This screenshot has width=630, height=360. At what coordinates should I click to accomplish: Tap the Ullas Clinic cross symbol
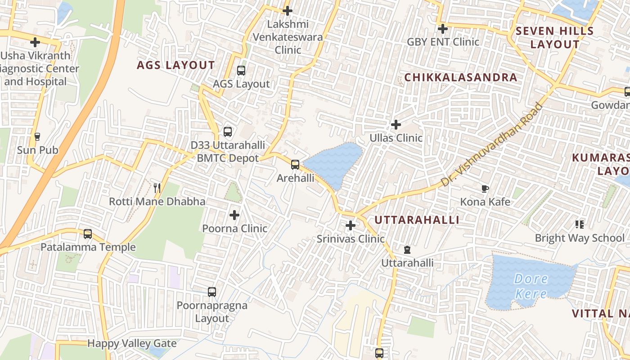click(396, 124)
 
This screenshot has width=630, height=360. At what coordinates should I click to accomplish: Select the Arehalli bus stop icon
click(295, 165)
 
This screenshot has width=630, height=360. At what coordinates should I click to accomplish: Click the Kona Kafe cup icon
click(485, 189)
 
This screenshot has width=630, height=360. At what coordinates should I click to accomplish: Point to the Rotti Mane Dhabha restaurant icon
click(157, 188)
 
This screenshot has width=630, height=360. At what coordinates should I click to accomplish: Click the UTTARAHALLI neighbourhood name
click(417, 220)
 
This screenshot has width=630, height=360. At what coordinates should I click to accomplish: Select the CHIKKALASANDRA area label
click(460, 77)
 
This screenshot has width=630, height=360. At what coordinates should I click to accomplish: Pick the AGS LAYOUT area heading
click(176, 65)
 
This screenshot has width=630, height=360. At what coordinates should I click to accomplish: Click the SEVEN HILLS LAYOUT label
click(555, 38)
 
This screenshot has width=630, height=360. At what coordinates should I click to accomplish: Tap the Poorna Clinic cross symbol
click(234, 215)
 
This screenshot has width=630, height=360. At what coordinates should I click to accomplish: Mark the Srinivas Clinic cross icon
click(351, 225)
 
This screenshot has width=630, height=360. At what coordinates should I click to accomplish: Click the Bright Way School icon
click(579, 224)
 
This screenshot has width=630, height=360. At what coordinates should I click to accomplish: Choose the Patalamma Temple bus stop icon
click(88, 234)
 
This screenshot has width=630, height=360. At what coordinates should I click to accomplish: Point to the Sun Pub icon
click(37, 136)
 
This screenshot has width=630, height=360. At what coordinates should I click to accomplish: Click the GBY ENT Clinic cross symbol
click(443, 29)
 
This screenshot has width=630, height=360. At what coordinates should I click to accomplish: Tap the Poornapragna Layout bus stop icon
click(212, 292)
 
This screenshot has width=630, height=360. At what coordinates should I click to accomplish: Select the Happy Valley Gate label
click(132, 343)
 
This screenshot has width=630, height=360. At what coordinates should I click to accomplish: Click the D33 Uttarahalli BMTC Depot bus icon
click(228, 132)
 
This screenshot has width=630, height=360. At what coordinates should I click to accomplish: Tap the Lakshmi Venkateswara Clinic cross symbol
click(288, 11)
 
